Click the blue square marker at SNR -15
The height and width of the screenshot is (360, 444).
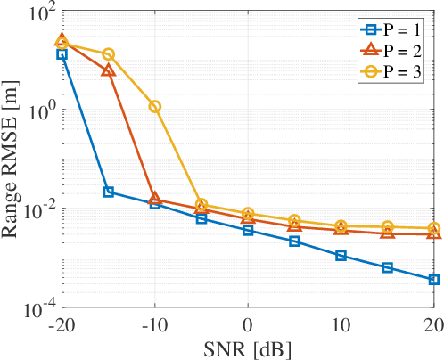point(109,192)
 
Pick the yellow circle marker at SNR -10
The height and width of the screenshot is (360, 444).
point(155,106)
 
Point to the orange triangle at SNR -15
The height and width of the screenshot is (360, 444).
point(109,70)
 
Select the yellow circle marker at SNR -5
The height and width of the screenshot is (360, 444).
point(201,205)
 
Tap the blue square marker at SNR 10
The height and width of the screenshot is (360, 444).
point(341,256)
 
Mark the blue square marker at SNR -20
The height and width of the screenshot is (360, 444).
point(62,54)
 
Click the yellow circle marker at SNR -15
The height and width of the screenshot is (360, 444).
point(109,54)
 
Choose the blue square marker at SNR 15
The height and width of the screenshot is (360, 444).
point(388,267)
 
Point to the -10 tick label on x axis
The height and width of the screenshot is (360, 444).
point(154,323)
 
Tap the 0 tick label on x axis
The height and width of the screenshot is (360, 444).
point(248,323)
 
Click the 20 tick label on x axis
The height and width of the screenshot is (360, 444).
point(432,323)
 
